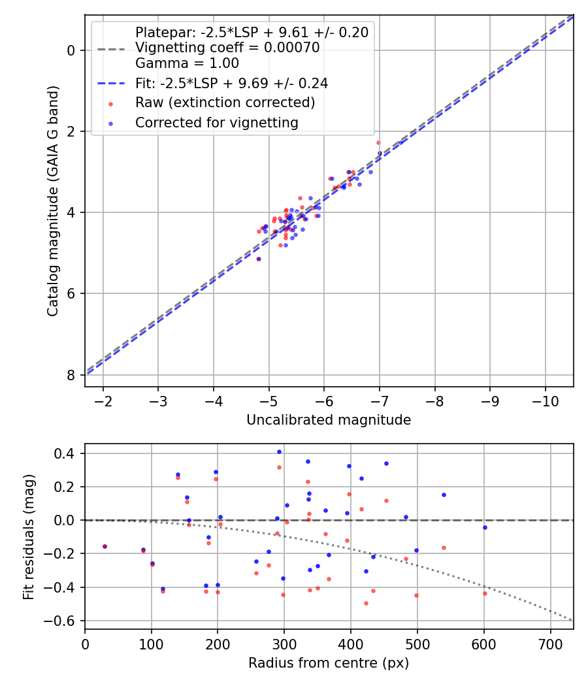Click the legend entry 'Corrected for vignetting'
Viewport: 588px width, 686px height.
[216, 122]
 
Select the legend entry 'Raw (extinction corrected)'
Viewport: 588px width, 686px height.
[225, 103]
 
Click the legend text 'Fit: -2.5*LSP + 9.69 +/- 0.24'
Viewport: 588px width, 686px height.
[231, 83]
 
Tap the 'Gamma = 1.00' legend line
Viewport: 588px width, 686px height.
[187, 63]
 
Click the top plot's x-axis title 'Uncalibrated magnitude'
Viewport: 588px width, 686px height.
[329, 420]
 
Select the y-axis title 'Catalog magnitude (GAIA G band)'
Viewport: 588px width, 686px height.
[54, 201]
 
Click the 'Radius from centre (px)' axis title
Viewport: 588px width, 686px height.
[329, 662]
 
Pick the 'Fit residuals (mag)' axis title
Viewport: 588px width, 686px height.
[28, 537]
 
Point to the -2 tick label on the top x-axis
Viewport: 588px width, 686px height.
[103, 400]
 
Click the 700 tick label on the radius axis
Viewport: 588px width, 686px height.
[550, 643]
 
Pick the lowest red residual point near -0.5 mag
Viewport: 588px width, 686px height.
[366, 603]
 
